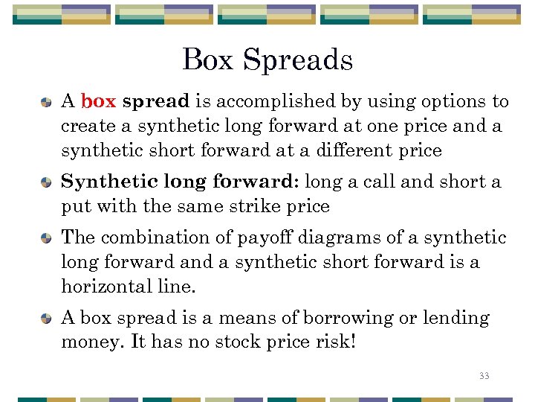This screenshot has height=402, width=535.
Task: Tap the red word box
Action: (x=98, y=101)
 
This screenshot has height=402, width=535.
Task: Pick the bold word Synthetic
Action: (x=99, y=182)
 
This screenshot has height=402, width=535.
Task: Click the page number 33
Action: (x=484, y=376)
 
